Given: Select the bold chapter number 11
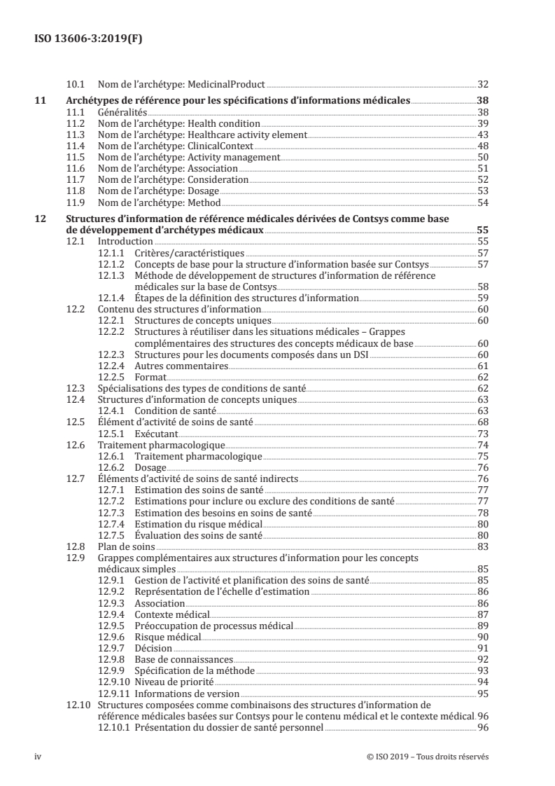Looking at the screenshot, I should pyautogui.click(x=41, y=101).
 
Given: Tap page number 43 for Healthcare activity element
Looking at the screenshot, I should pyautogui.click(x=482, y=135).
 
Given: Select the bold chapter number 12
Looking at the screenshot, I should pyautogui.click(x=41, y=219).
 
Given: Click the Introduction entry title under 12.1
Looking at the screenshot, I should pyautogui.click(x=125, y=241).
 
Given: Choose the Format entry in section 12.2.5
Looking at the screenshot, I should pyautogui.click(x=150, y=377).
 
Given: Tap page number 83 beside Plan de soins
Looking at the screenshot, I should pyautogui.click(x=482, y=546).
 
